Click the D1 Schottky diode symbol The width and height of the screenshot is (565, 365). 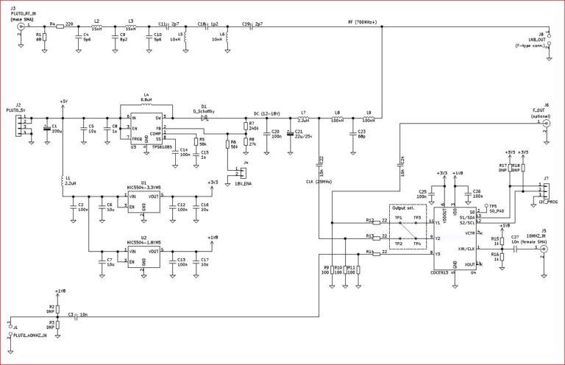pos(204,116)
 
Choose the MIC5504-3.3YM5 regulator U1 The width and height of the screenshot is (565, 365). pos(144,201)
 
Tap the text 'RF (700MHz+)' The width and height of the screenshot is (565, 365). pos(362,22)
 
